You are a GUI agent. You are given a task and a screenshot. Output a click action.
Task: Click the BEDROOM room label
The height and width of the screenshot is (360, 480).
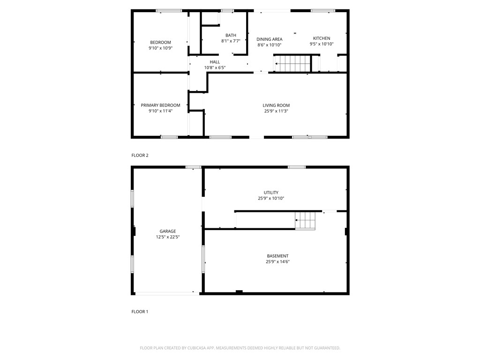160,42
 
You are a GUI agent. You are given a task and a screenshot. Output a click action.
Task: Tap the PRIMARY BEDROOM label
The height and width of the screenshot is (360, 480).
160,105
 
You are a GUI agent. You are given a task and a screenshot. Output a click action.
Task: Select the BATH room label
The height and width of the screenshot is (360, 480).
231,35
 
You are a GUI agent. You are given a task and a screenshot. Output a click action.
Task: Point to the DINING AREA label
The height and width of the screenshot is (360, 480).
269,39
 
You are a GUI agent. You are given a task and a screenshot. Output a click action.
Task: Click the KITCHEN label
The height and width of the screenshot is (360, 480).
322,38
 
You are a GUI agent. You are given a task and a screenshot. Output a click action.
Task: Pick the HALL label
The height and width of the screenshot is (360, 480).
215,62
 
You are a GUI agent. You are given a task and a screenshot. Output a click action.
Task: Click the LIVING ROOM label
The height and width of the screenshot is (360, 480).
276,105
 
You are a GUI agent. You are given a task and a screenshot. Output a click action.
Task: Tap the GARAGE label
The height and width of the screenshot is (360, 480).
167,231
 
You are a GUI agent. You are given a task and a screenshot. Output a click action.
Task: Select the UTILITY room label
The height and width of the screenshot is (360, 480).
271,192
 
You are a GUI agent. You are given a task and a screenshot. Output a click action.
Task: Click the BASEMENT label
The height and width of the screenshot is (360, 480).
277,256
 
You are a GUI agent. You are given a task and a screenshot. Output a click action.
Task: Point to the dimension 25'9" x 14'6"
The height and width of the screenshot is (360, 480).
277,262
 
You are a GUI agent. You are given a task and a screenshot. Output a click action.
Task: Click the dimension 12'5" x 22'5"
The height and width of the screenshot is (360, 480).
167,237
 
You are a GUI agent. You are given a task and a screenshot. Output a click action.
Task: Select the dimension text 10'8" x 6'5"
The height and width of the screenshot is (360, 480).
215,68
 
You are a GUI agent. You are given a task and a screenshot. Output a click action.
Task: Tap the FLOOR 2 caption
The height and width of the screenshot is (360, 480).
140,155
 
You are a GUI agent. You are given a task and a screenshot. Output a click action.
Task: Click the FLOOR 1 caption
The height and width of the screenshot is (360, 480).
140,311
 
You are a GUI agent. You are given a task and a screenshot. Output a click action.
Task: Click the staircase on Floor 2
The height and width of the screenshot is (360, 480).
292,63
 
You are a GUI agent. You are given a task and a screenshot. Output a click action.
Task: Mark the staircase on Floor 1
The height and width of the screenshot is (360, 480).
306,220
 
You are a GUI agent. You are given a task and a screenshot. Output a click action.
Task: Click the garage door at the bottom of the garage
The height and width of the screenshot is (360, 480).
167,293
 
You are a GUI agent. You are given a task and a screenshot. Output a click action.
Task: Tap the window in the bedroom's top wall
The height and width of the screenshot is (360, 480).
169,10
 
